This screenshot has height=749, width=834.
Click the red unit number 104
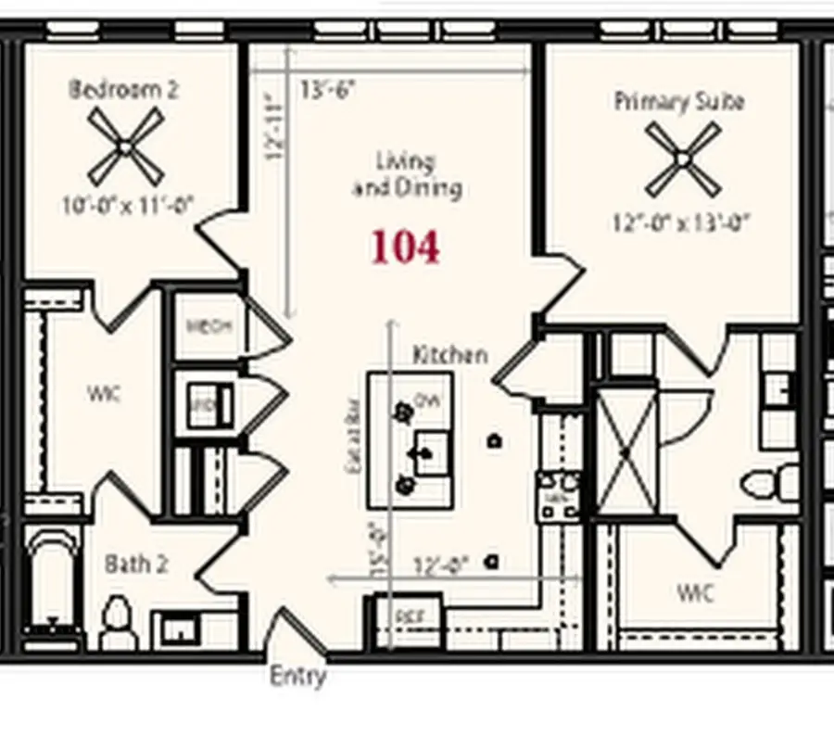tap(405, 248)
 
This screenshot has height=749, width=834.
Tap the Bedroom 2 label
tap(124, 90)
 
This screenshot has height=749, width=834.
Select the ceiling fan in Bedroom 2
tap(125, 146)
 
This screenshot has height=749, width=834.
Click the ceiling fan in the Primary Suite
tap(682, 159)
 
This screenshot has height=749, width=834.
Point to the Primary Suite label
tap(678, 101)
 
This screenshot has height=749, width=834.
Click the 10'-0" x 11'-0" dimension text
tap(127, 206)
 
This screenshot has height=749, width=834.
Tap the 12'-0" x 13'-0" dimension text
tap(680, 223)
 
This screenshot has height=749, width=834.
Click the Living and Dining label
tap(406, 174)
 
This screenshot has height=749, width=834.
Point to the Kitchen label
tap(449, 354)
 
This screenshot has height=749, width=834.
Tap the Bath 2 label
tap(135, 564)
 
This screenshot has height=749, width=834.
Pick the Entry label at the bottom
tap(297, 676)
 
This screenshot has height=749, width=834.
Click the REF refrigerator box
tap(408, 616)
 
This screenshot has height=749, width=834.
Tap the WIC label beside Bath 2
tap(104, 394)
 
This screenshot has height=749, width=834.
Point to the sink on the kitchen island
tap(430, 453)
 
